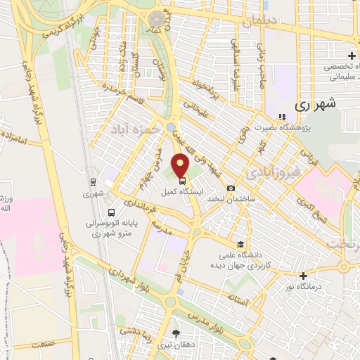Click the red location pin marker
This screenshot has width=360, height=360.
coord(180,166)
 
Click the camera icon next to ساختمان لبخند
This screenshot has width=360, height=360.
coord(231,188)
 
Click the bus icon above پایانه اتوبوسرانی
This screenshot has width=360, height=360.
coord(112,212)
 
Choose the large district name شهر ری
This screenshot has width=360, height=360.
coord(313,104)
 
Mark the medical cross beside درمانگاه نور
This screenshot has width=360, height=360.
coord(303,276)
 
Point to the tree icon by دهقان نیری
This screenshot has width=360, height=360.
coord(176,335)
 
